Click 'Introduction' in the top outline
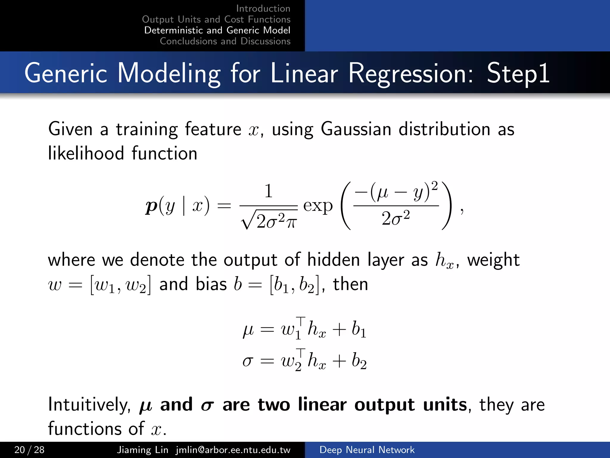pos(263,8)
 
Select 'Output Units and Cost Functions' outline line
pos(216,19)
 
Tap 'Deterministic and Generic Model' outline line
pos(217,30)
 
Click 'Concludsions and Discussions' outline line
pos(225,41)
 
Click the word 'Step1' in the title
pos(518,73)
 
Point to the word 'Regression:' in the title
pos(410,73)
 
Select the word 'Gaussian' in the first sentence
pos(356,129)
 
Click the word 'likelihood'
pos(86,153)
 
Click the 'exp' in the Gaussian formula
pos(318,206)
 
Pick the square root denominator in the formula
pos(269,221)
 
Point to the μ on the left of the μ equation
pos(248,330)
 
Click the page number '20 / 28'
pos(29,450)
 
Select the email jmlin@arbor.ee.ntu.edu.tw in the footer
pos(233,450)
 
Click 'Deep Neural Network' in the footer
pos(367,450)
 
